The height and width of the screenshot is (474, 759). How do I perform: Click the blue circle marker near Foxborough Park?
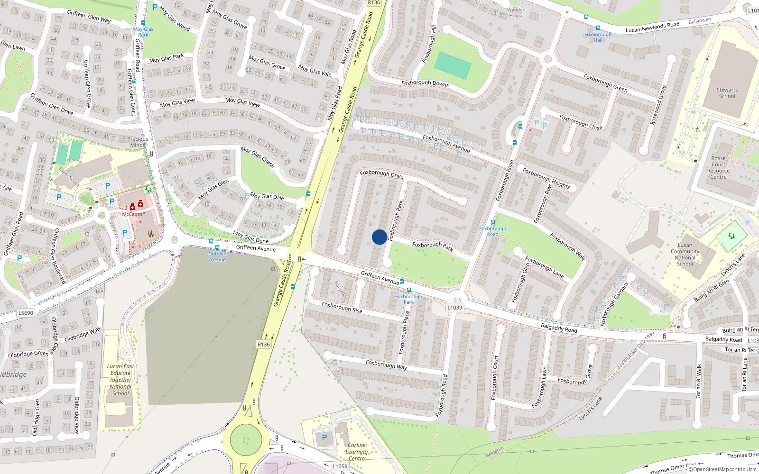click(x=379, y=237)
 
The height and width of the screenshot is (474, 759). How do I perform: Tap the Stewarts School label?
click(x=727, y=93)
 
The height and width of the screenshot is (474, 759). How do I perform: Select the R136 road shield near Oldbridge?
click(x=263, y=345)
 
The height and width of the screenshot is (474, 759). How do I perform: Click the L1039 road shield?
click(x=454, y=308)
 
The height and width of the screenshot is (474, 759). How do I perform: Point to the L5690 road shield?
click(x=26, y=313)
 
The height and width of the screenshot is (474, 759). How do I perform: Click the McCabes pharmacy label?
click(x=132, y=214)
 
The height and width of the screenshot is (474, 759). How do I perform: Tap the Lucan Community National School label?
click(x=685, y=255)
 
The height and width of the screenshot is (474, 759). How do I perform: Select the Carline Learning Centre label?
click(x=356, y=452)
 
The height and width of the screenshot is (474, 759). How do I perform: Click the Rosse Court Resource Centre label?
click(x=718, y=168)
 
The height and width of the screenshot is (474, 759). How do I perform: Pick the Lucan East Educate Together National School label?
click(x=120, y=380)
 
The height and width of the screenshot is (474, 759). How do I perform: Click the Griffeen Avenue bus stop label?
click(x=217, y=256)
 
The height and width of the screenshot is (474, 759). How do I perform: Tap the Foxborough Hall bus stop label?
click(x=598, y=37)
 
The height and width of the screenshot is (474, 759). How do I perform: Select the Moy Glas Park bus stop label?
click(x=143, y=32)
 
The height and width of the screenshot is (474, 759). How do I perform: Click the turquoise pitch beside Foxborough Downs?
click(x=453, y=65)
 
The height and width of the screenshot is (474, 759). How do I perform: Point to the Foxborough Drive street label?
click(x=381, y=174)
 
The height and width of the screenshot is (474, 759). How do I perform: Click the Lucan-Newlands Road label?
click(x=652, y=27)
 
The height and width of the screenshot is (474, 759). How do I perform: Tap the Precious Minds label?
click(x=138, y=142)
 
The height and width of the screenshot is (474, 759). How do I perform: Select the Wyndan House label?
click(x=516, y=13)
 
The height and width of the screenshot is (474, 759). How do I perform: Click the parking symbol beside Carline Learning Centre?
click(x=324, y=438)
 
